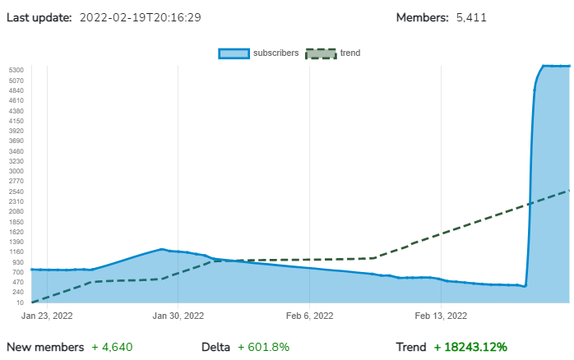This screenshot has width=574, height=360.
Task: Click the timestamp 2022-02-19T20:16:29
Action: (141, 17)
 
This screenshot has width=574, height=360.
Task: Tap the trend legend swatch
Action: (321, 53)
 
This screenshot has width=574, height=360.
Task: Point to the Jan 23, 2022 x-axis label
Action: (47, 315)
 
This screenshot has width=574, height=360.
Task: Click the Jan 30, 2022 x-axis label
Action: (178, 315)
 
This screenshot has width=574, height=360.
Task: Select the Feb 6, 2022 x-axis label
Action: (310, 315)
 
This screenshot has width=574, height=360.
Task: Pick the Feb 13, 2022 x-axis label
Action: (441, 315)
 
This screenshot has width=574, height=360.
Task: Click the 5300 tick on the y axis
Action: (17, 71)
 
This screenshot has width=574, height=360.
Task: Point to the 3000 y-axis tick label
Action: (17, 171)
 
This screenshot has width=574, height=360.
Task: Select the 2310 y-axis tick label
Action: (17, 201)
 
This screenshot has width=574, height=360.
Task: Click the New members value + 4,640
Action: (112, 347)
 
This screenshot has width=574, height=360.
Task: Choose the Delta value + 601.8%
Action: (263, 347)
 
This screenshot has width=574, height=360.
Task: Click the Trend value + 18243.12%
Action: (470, 347)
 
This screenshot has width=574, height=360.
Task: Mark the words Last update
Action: (39, 17)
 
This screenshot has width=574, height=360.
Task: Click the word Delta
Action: (215, 347)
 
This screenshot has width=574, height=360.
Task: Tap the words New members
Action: (45, 347)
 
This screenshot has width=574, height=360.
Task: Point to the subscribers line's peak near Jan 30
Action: (162, 249)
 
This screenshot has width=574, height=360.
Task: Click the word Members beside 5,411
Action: (423, 17)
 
